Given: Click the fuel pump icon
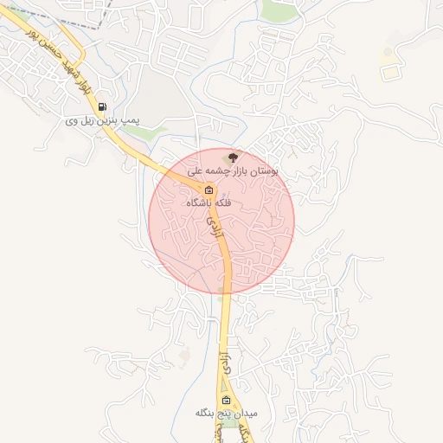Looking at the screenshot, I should (x=104, y=108).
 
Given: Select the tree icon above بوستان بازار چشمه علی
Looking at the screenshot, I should (x=231, y=157).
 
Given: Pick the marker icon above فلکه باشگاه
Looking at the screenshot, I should (x=209, y=190).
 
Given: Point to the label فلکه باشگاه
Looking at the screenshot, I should (x=209, y=202).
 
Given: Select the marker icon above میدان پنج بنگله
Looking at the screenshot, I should (x=227, y=401).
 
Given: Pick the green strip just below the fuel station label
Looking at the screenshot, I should (x=155, y=133).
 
